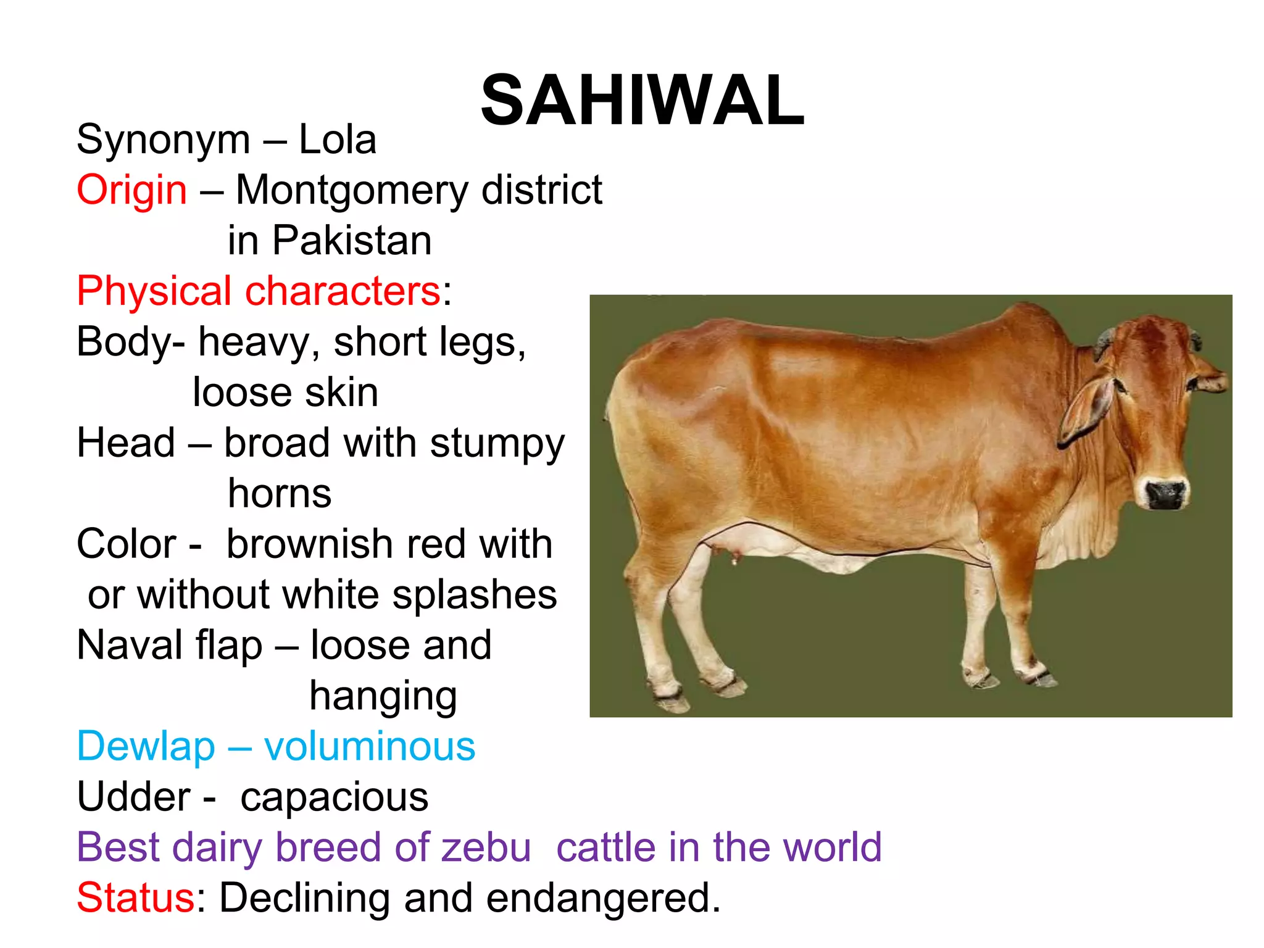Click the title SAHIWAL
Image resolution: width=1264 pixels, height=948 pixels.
point(642,101)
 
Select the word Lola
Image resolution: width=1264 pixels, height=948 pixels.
point(338,139)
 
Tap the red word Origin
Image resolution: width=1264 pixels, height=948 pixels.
point(131,190)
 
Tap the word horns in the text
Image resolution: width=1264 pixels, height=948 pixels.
point(280,494)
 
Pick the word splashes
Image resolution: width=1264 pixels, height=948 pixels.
point(475,595)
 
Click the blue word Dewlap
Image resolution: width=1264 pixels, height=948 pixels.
point(146,747)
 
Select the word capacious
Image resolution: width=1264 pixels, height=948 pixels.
point(334,797)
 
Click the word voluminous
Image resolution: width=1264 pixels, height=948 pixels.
point(370,747)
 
